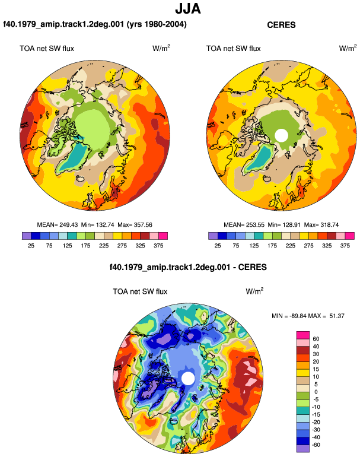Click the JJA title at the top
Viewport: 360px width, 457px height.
click(x=188, y=9)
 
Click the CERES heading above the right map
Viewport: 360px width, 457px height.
click(x=281, y=25)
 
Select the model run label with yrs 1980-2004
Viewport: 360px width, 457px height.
click(x=95, y=24)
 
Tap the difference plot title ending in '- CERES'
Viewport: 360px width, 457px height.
click(x=188, y=267)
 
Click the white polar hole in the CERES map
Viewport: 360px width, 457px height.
click(x=281, y=135)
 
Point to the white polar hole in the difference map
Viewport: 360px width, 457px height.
click(x=188, y=378)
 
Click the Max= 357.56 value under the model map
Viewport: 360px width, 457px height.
click(x=135, y=225)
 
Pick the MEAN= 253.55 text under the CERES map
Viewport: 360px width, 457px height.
click(x=244, y=225)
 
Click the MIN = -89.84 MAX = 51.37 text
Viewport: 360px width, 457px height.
click(x=308, y=316)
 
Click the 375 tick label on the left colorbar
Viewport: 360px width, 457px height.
click(x=158, y=246)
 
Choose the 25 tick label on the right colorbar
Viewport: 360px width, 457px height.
click(x=218, y=246)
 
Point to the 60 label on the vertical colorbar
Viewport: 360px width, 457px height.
click(x=316, y=339)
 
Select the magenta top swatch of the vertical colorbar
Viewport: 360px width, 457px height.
click(x=302, y=335)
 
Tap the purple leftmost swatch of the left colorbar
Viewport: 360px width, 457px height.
click(x=26, y=236)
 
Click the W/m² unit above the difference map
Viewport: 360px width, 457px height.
click(x=254, y=291)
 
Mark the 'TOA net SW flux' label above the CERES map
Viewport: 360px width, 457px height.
click(x=233, y=49)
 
